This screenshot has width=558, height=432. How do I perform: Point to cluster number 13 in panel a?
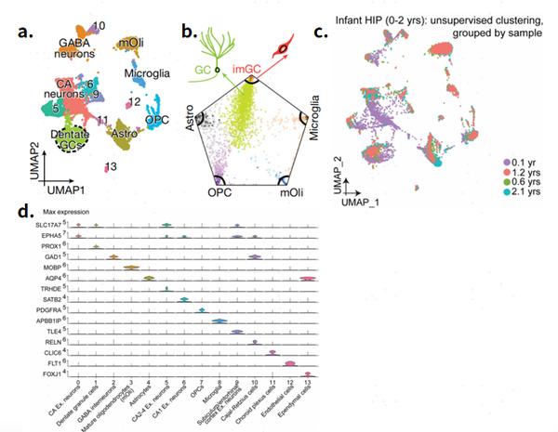(111, 166)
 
